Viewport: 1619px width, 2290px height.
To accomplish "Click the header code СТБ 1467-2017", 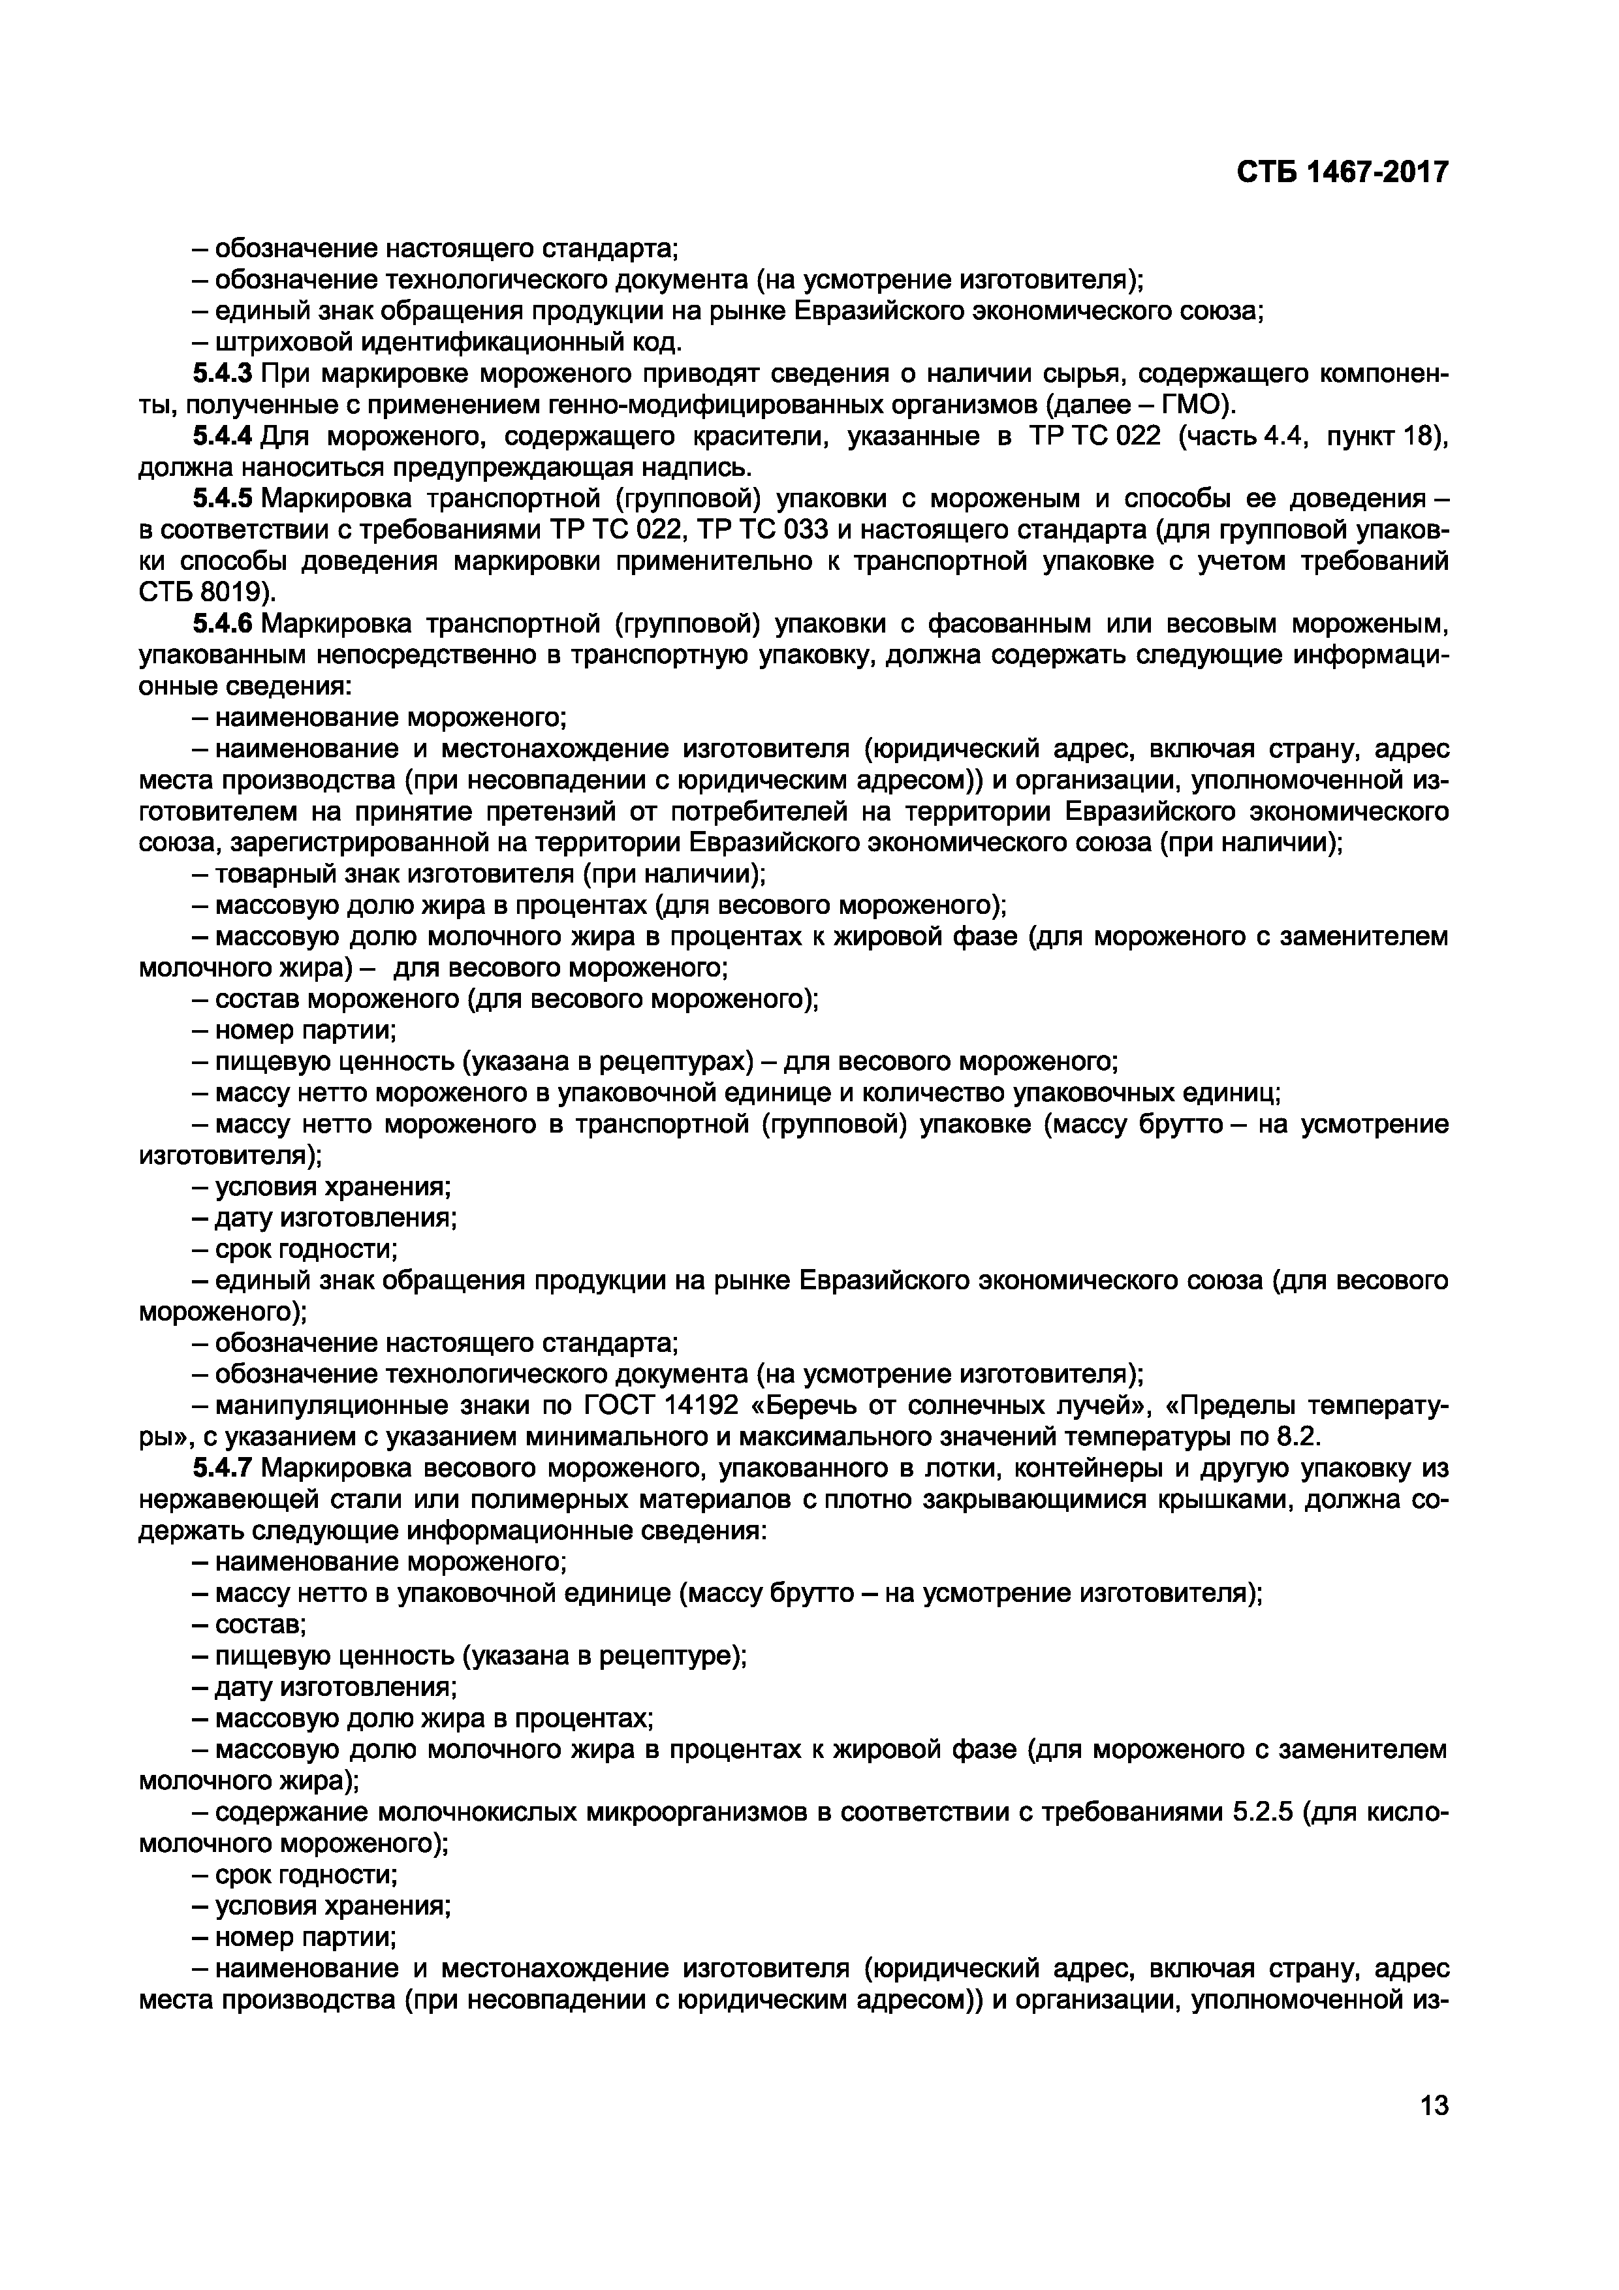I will coord(1342,172).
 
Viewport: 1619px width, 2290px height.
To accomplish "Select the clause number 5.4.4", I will coord(223,436).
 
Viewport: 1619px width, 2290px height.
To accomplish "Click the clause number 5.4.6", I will coord(223,624).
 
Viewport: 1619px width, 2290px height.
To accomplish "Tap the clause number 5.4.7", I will coord(223,1469).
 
